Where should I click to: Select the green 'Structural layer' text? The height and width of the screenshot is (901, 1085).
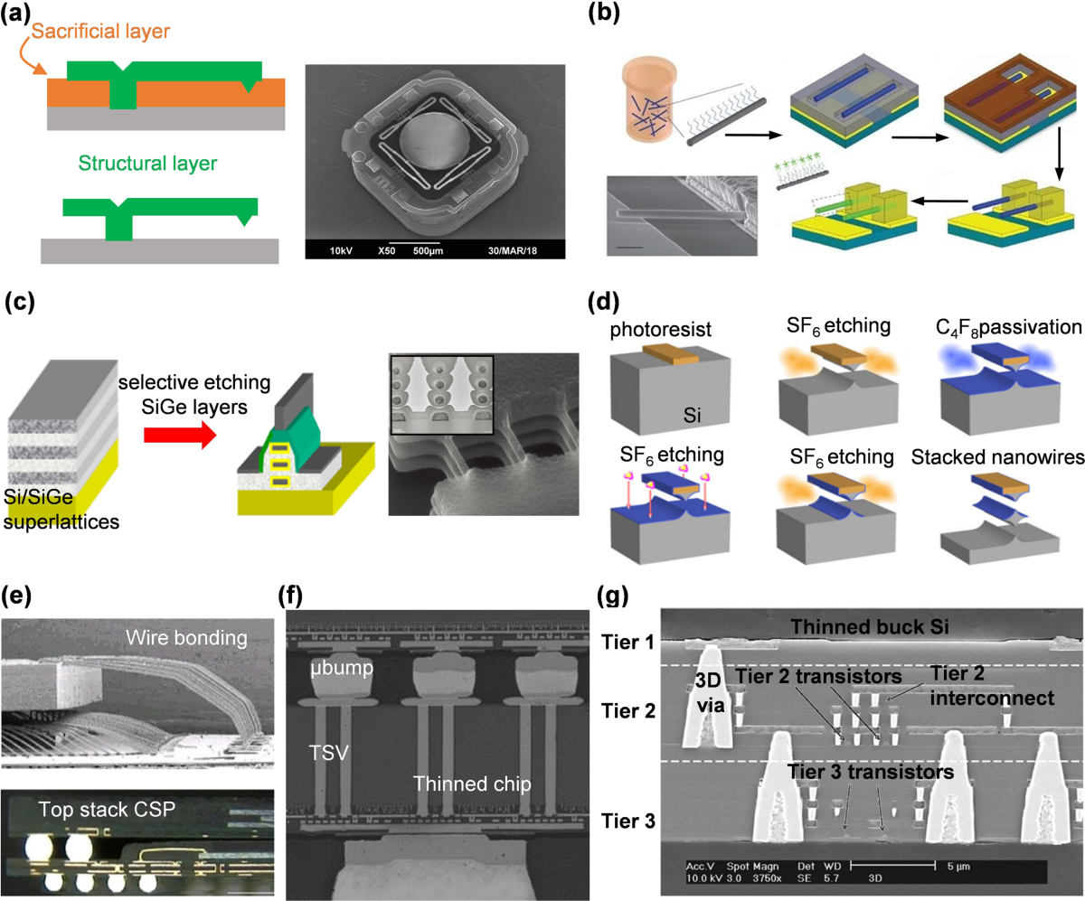pyautogui.click(x=144, y=164)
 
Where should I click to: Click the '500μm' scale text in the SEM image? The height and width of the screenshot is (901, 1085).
pyautogui.click(x=423, y=250)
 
